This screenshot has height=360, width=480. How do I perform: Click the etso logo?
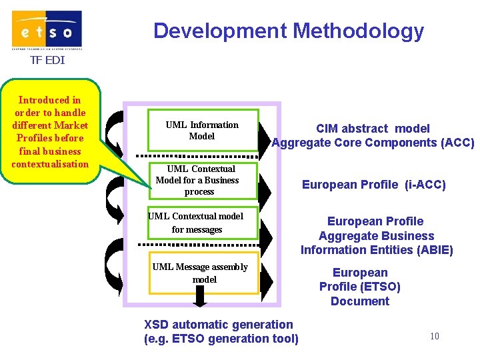[47, 30]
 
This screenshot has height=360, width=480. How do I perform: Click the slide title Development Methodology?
[288, 31]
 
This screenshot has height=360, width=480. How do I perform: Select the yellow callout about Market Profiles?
[51, 131]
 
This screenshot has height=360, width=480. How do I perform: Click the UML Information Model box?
[202, 130]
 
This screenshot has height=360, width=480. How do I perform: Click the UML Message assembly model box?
[202, 273]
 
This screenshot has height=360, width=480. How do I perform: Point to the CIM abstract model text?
[373, 129]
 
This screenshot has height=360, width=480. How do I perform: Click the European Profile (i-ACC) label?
[373, 185]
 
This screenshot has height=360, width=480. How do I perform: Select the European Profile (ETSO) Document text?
[360, 287]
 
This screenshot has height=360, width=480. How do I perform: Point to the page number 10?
[434, 336]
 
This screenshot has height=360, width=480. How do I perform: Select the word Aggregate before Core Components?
[303, 143]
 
